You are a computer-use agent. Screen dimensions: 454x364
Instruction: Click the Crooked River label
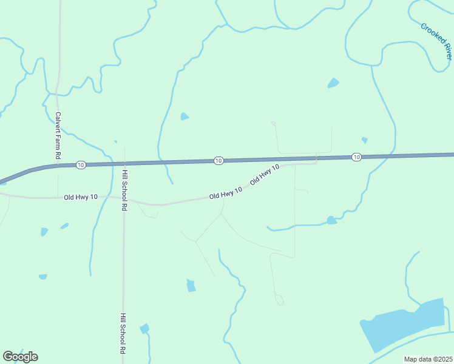point(436,41)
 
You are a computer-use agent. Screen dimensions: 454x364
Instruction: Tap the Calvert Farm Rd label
point(58,135)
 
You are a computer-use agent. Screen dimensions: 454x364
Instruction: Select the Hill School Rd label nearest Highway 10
point(124,190)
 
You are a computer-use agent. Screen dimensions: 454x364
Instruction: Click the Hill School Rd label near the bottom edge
point(123,334)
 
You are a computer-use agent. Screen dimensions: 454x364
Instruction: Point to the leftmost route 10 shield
point(81,165)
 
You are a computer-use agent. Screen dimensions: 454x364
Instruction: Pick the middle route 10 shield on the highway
point(219,160)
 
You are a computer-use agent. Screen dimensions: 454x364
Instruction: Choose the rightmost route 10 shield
point(356,157)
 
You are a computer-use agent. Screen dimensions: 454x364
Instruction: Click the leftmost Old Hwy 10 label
point(81,197)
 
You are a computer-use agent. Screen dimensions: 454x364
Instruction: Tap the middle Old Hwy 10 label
point(226,193)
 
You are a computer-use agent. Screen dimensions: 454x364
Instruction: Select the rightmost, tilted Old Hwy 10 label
point(265,174)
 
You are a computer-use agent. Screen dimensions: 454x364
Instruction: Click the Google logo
point(20,356)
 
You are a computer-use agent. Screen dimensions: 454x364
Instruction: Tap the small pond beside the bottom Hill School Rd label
point(144,329)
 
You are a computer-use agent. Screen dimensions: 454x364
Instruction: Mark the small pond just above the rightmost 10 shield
point(364,140)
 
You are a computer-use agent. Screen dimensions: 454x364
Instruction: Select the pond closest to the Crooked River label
point(333,83)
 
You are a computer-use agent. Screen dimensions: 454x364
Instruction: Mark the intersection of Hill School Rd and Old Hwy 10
point(124,198)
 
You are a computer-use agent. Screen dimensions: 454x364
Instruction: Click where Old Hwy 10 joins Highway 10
point(316,159)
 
